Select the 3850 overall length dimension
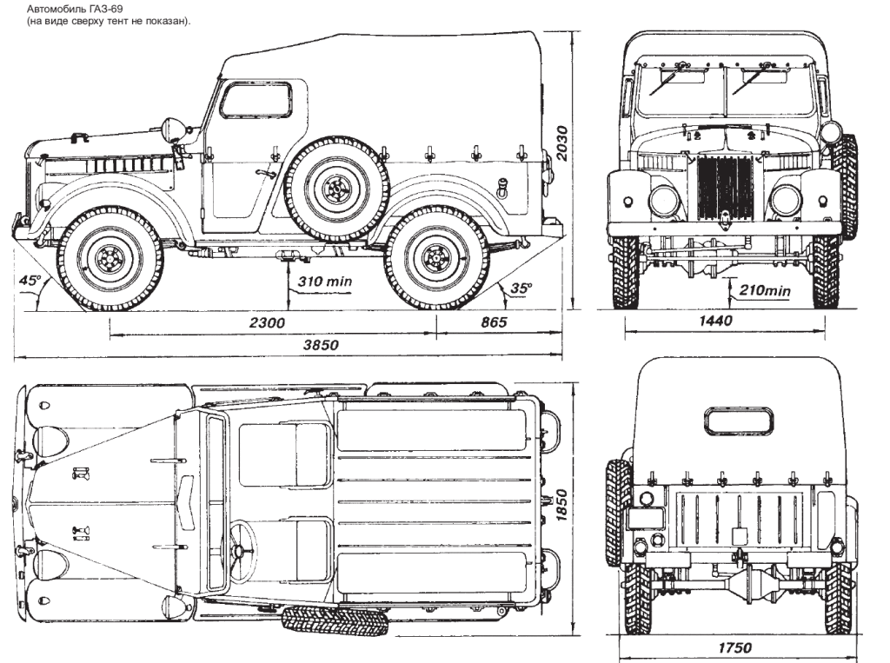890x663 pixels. click(x=320, y=345)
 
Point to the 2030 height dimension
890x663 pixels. click(x=562, y=143)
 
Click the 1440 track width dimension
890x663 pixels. click(x=715, y=321)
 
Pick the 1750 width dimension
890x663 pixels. click(x=735, y=647)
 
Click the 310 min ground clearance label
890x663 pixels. click(x=323, y=282)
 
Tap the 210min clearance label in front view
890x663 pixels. click(x=766, y=289)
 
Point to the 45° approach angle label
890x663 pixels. click(x=32, y=281)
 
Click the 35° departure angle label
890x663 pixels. click(x=521, y=287)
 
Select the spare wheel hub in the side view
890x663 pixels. click(x=335, y=187)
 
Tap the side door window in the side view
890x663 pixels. click(x=255, y=101)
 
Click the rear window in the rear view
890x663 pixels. click(x=740, y=421)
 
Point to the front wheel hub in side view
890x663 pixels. click(x=109, y=257)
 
